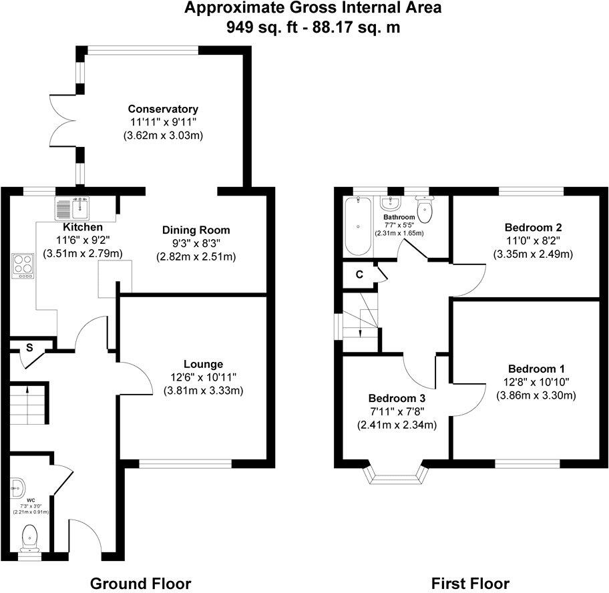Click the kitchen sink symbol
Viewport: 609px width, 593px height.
(x=72, y=209)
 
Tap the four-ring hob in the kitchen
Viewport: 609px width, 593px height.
(x=23, y=266)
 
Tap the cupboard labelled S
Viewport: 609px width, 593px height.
(x=29, y=347)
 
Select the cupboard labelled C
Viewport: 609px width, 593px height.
(x=359, y=274)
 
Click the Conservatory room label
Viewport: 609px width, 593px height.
(x=163, y=109)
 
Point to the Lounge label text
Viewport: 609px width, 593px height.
(x=203, y=365)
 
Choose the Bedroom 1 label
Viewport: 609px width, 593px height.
(x=536, y=369)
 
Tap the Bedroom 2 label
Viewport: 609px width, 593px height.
(x=533, y=227)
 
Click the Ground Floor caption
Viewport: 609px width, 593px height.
(x=140, y=583)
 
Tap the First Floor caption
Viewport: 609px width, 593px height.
(x=470, y=583)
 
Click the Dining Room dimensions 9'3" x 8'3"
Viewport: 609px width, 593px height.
(x=196, y=244)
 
